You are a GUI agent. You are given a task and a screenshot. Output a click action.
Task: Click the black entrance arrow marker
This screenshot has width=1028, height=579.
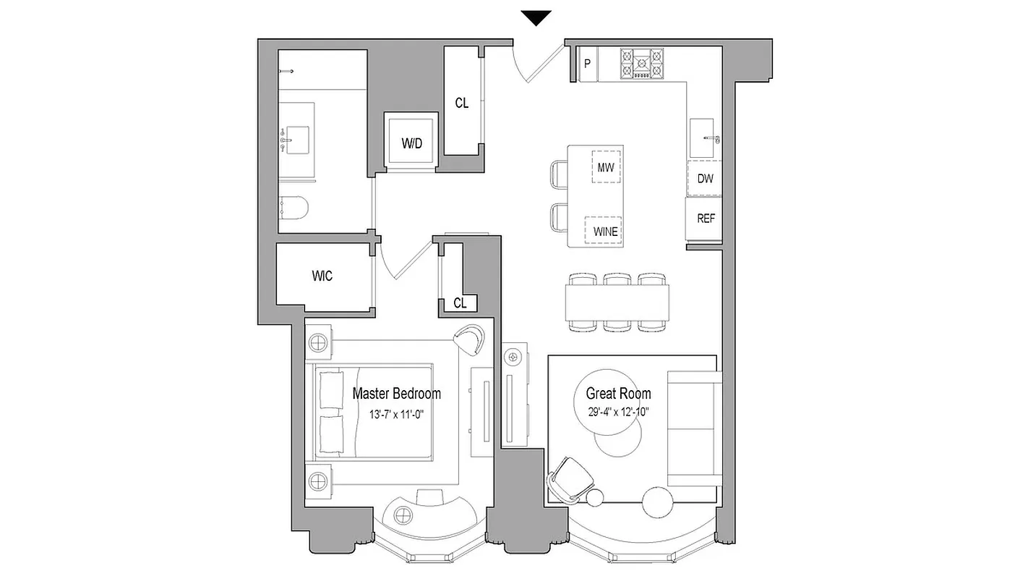tap(536, 19)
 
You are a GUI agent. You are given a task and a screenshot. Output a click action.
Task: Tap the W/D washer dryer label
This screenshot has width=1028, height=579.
tap(412, 143)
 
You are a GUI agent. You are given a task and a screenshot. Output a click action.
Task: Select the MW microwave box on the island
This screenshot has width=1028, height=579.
tap(606, 167)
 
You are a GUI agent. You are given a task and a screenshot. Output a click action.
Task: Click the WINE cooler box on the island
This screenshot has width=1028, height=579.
tap(606, 232)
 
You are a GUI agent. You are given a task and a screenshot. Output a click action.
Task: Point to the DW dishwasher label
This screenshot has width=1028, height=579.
tap(705, 178)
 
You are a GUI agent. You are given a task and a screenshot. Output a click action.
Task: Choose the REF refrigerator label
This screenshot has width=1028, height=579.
tap(705, 218)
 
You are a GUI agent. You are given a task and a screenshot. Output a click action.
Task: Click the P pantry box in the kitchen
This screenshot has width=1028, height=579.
tap(587, 63)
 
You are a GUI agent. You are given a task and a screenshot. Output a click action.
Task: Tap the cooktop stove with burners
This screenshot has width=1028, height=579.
tap(642, 63)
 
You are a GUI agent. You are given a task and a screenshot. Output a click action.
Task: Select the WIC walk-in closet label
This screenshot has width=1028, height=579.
tap(322, 276)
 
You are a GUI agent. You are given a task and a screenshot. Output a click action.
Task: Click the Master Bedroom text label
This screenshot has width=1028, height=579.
tap(396, 394)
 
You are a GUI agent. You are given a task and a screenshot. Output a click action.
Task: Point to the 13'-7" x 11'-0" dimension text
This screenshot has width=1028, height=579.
tap(396, 415)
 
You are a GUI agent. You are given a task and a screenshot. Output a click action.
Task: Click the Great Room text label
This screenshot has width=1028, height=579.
tap(618, 394)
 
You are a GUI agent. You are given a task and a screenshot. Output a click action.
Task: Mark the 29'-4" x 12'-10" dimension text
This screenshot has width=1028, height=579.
tap(618, 413)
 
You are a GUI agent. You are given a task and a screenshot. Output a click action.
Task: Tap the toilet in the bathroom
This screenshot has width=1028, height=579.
tap(294, 208)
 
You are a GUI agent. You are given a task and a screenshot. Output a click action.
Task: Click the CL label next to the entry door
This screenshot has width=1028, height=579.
tap(461, 103)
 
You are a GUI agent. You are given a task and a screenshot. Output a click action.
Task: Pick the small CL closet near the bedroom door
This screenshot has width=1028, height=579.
tap(460, 303)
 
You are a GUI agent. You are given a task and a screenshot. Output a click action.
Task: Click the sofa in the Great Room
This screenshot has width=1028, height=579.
tap(694, 428)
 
